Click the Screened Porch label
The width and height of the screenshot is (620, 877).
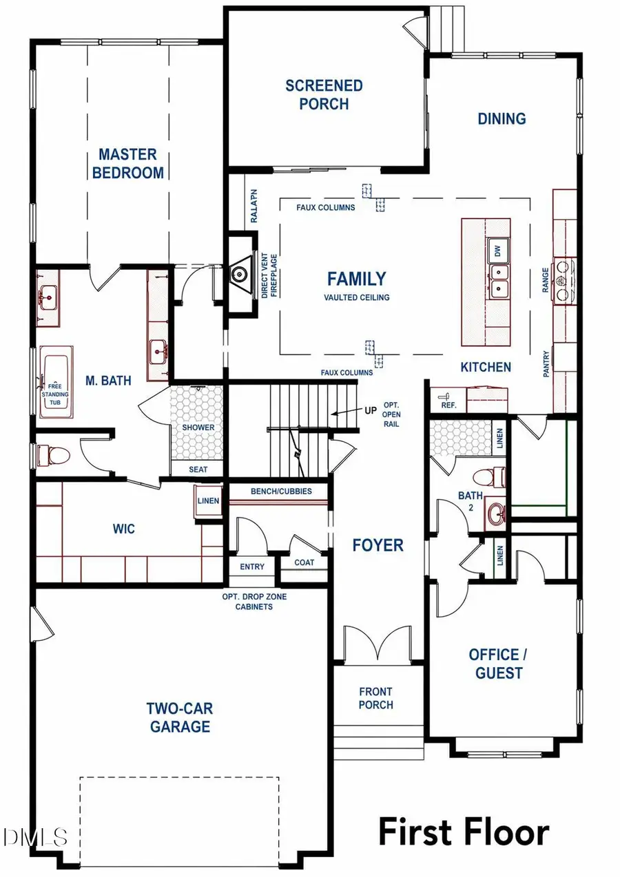pyautogui.click(x=324, y=95)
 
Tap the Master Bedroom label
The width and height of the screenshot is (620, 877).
pyautogui.click(x=127, y=163)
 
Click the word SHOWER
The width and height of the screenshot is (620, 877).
pyautogui.click(x=198, y=427)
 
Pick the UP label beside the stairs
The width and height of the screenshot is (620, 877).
pyautogui.click(x=371, y=411)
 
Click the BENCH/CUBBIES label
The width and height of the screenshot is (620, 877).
pyautogui.click(x=280, y=492)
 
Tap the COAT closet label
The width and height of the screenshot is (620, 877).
pyautogui.click(x=304, y=562)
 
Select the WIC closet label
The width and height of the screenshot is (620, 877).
pyautogui.click(x=125, y=529)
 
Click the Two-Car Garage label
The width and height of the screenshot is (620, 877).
pyautogui.click(x=178, y=717)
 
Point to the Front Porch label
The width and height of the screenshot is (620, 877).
pyautogui.click(x=375, y=698)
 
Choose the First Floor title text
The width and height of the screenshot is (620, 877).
pyautogui.click(x=463, y=832)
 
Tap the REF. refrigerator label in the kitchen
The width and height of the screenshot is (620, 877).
pyautogui.click(x=448, y=405)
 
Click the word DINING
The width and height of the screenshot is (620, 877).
pyautogui.click(x=502, y=119)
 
